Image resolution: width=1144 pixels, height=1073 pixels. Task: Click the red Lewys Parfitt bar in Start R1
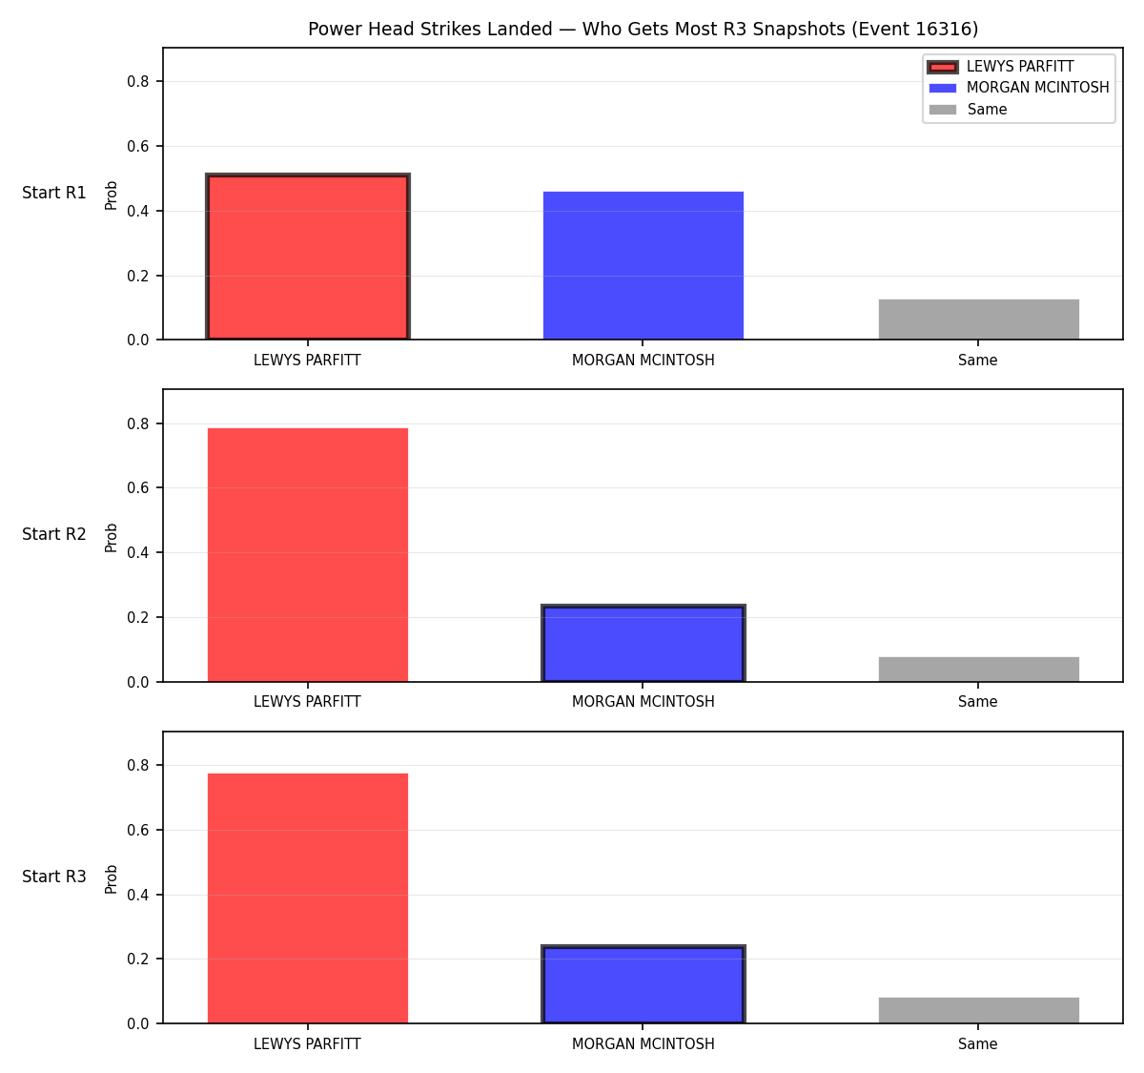pyautogui.click(x=308, y=256)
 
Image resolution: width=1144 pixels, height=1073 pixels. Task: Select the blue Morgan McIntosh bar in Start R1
pyautogui.click(x=643, y=265)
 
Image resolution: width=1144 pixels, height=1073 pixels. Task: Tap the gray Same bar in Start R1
pyautogui.click(x=978, y=319)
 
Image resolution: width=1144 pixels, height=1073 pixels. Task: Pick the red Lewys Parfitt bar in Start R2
pyautogui.click(x=308, y=555)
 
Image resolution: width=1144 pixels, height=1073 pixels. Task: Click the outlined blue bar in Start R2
pyautogui.click(x=643, y=643)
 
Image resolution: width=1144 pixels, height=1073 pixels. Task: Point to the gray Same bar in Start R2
pyautogui.click(x=978, y=669)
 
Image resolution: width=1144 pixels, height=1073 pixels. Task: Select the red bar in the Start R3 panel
pyautogui.click(x=308, y=898)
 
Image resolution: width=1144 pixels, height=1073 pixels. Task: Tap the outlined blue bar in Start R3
pyautogui.click(x=643, y=984)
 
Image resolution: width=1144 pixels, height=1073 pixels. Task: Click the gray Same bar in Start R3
pyautogui.click(x=978, y=1010)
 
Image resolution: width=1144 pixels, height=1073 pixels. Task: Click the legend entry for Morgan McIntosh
pyautogui.click(x=1018, y=88)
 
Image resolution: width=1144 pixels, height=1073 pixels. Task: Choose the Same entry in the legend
pyautogui.click(x=968, y=110)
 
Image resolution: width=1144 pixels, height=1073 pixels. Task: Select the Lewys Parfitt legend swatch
pyautogui.click(x=943, y=67)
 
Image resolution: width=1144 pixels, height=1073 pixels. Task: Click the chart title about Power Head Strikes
pyautogui.click(x=643, y=29)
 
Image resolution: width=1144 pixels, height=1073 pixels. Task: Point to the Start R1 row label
pyautogui.click(x=54, y=193)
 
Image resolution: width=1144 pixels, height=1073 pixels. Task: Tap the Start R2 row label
pyautogui.click(x=54, y=534)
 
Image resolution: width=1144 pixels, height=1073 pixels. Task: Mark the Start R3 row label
pyautogui.click(x=54, y=877)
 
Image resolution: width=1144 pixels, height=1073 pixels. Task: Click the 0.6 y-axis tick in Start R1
pyautogui.click(x=137, y=147)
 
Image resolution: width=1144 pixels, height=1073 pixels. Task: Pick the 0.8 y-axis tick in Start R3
pyautogui.click(x=137, y=765)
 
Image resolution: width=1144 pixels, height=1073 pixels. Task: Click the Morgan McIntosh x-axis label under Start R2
pyautogui.click(x=643, y=702)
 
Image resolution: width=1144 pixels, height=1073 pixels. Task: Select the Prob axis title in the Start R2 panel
pyautogui.click(x=111, y=537)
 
